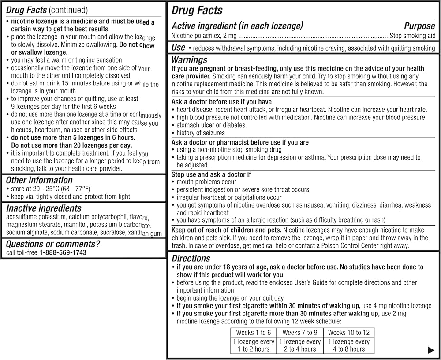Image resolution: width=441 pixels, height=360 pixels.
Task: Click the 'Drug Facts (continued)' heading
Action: (47, 10)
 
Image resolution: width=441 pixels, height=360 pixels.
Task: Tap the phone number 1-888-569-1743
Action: (63, 252)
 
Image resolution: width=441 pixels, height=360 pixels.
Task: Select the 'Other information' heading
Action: (39, 180)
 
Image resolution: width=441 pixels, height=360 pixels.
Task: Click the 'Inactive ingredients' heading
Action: (44, 208)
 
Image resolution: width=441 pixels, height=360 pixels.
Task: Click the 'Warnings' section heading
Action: (189, 60)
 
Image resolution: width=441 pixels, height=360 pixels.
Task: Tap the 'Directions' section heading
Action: (191, 259)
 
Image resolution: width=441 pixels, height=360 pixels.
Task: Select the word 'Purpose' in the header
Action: (419, 26)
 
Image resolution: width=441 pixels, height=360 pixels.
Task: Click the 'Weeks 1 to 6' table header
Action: (254, 333)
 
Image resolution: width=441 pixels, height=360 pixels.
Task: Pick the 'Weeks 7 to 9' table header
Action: (300, 333)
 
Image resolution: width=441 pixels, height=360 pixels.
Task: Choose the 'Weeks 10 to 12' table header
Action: (349, 333)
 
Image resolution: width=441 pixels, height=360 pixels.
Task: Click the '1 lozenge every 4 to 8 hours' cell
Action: (349, 345)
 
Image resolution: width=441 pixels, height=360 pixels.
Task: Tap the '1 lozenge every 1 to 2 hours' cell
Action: (254, 345)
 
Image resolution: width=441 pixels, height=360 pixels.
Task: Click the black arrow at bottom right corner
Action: (431, 351)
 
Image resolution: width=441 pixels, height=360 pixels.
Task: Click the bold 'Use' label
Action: (178, 47)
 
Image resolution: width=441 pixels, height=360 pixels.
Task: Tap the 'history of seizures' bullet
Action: (201, 133)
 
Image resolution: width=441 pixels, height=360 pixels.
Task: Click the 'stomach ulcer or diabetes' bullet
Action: (211, 125)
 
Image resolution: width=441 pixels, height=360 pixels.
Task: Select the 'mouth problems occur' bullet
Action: (206, 182)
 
